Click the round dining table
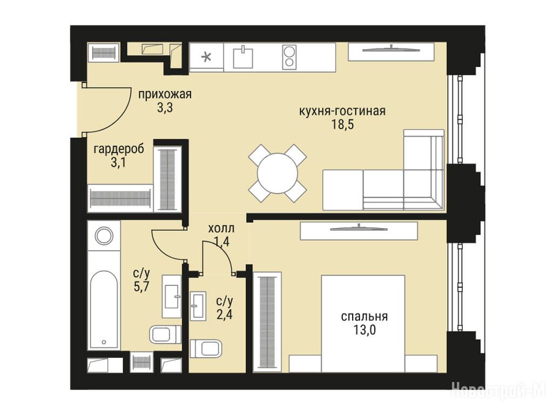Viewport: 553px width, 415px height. click(x=278, y=173)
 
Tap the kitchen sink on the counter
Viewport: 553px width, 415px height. click(x=244, y=58)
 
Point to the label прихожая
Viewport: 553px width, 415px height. click(x=165, y=95)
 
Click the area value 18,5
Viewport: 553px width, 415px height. click(x=342, y=125)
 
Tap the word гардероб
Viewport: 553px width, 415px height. click(x=119, y=149)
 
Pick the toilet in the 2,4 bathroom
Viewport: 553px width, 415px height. click(x=206, y=349)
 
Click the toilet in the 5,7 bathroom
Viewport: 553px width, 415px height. click(x=165, y=334)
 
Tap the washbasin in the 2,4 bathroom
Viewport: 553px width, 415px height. click(x=198, y=306)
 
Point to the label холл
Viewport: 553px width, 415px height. click(x=221, y=229)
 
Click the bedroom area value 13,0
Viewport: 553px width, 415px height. click(x=365, y=330)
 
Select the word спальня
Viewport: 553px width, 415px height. click(x=365, y=317)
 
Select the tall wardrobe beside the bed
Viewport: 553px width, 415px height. click(x=267, y=322)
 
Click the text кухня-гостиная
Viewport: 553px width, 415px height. click(x=342, y=111)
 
